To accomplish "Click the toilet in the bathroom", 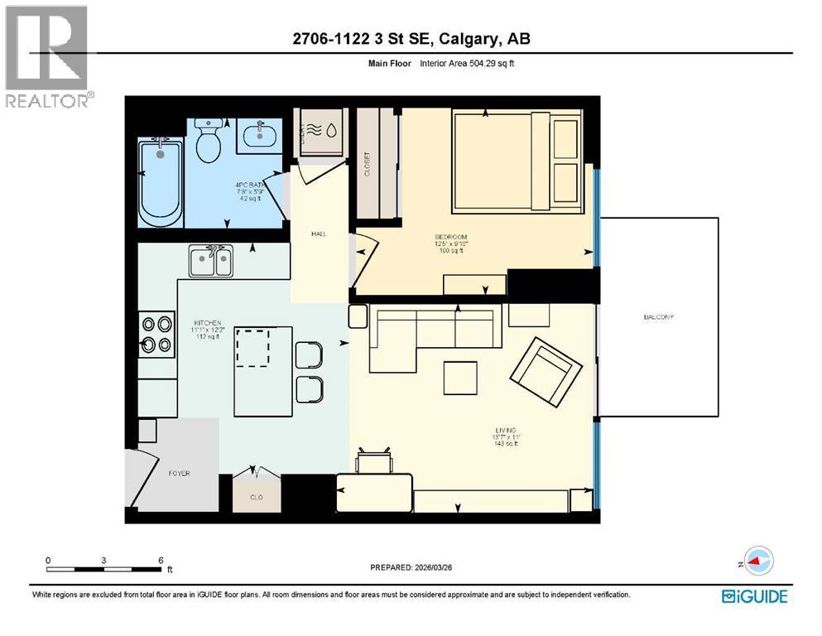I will [208, 142].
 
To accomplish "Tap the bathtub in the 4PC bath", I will [160, 182].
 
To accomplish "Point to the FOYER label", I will [179, 474].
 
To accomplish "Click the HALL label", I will [319, 234].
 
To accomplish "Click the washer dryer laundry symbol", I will [320, 130].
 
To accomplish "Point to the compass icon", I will [757, 561].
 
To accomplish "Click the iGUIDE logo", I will [753, 595].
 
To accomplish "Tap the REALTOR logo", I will [48, 57].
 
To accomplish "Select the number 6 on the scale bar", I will [160, 560].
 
